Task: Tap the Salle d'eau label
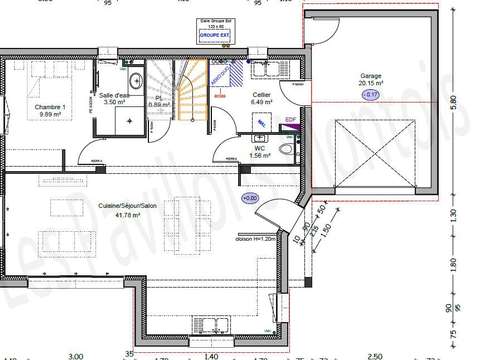113,97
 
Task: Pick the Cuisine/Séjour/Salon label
128,205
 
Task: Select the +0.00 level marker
250,198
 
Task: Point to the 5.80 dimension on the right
454,103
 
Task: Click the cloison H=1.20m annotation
256,238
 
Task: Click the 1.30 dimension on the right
454,213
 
